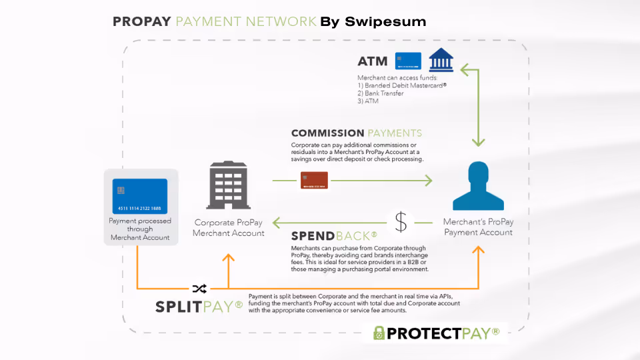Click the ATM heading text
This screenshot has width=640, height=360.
pos(373,61)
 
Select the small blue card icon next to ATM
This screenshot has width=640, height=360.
pos(408,61)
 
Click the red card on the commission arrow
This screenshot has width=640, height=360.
pos(313,180)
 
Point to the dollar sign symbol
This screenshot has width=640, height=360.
pos(400,222)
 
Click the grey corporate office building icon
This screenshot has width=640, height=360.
pos(229,185)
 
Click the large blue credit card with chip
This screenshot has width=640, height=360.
pos(140,196)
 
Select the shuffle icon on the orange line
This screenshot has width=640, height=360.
pos(199,289)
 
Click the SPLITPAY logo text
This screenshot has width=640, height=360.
pos(199,307)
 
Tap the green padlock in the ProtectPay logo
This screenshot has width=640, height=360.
pos(379,333)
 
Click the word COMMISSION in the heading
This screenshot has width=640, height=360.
pos(328,133)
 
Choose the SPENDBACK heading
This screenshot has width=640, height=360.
pos(334,235)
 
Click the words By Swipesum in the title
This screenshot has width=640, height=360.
pos(373,22)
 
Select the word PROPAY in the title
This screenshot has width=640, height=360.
pos(142,22)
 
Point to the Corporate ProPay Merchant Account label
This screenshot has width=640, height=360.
pos(229,228)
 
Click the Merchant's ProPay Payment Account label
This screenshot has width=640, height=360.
pos(479,227)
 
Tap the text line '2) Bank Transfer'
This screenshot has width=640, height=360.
pos(381,93)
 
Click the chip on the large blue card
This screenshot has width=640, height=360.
pos(121,190)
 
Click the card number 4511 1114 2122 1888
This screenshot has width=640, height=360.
pos(140,209)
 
